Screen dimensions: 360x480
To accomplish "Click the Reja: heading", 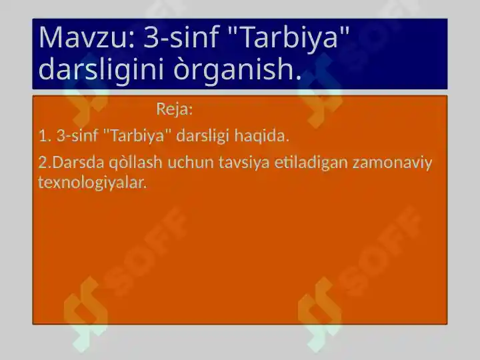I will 175,108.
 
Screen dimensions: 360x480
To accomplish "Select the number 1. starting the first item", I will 45,136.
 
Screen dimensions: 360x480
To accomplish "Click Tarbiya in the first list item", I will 137,136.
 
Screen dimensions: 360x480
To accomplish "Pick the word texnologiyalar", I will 92,182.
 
